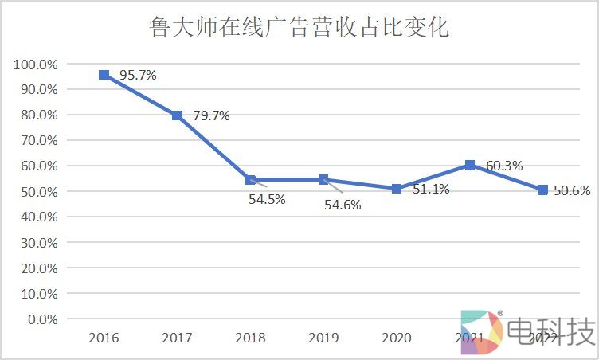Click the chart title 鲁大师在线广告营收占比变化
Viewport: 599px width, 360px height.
tap(299, 28)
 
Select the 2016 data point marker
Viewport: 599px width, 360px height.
tap(104, 75)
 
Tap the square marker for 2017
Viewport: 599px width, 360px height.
tap(177, 115)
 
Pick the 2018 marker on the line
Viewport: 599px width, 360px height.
tap(250, 180)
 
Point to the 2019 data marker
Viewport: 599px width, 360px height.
tap(323, 180)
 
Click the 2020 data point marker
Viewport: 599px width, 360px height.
tap(397, 189)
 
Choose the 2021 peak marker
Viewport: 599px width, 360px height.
tap(470, 165)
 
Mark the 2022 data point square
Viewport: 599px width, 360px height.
tap(543, 190)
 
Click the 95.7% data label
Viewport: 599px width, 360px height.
tap(138, 76)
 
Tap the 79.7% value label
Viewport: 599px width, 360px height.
tap(211, 116)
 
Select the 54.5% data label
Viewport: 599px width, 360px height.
tap(268, 200)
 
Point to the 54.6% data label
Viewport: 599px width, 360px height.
tap(343, 205)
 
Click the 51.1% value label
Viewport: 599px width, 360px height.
tap(431, 190)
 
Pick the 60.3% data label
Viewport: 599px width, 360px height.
tap(504, 166)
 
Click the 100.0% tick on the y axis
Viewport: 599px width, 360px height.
tap(35, 64)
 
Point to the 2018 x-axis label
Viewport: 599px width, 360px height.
tap(250, 338)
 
